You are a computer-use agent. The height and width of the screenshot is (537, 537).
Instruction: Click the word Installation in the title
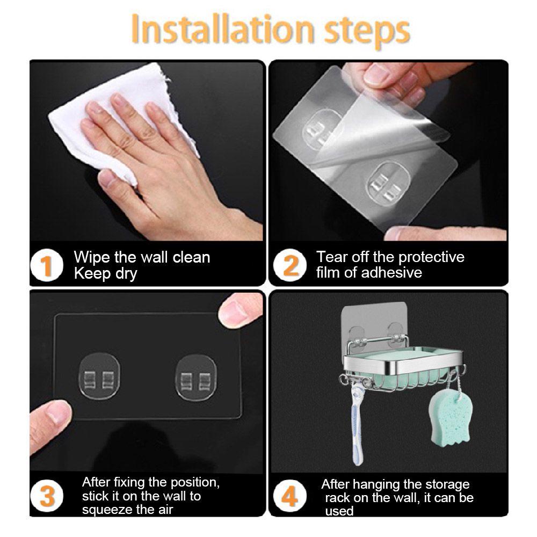point(222,30)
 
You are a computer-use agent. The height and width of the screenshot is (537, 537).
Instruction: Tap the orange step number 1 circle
point(47,265)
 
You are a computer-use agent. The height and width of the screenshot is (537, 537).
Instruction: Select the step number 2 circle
point(290,265)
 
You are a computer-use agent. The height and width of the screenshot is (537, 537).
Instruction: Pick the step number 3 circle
point(47,496)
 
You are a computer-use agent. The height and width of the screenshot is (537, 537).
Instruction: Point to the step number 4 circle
point(290,496)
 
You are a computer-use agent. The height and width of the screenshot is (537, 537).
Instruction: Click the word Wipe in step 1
point(92,258)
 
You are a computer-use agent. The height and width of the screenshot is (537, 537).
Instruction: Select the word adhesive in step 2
point(391,273)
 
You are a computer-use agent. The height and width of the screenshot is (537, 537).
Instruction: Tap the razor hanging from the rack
point(357,425)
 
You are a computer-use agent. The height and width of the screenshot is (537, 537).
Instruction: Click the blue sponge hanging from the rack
point(449,418)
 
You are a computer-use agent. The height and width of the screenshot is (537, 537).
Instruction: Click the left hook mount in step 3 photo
point(99,376)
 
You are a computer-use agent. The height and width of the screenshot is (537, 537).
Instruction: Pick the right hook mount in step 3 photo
point(196,378)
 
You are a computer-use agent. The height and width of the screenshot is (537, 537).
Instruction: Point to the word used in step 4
point(339,511)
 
